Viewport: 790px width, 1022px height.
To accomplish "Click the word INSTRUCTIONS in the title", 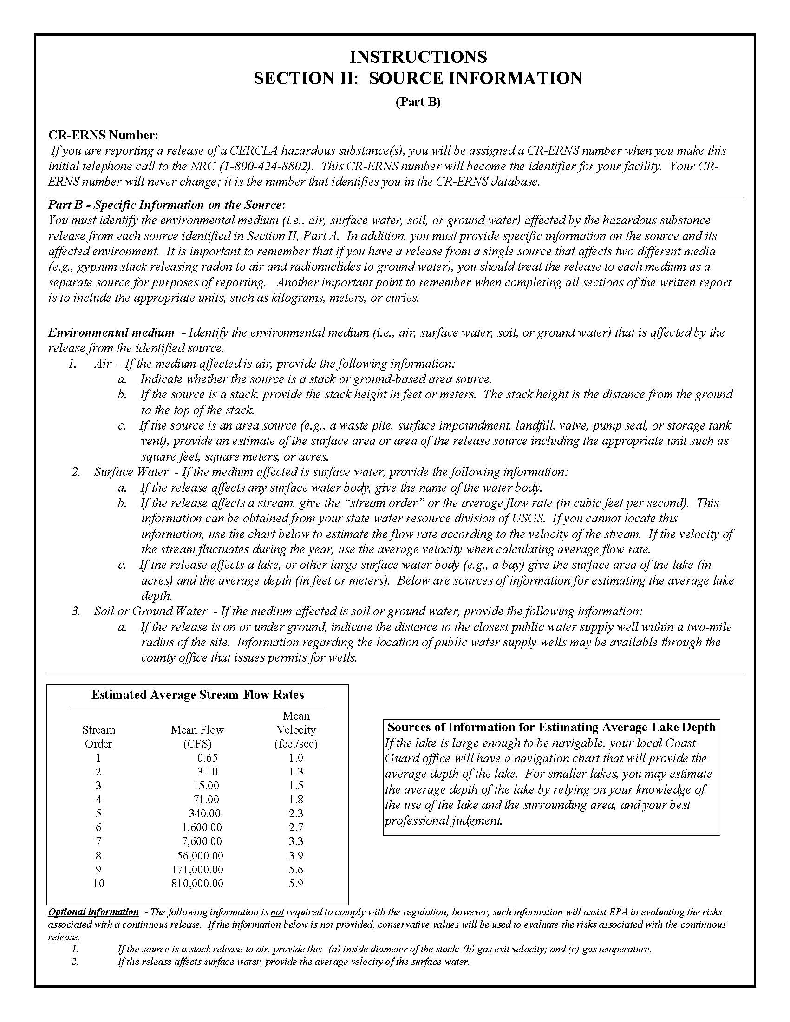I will pyautogui.click(x=418, y=57).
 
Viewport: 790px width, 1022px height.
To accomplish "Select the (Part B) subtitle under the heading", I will pyautogui.click(x=418, y=102).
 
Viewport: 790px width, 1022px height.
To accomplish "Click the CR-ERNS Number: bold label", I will pyautogui.click(x=104, y=135).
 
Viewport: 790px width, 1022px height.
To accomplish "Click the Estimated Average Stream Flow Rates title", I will pyautogui.click(x=197, y=695).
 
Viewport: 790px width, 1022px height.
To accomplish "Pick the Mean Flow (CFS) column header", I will pyautogui.click(x=197, y=736).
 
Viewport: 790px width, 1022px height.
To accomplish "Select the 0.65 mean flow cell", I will pyautogui.click(x=207, y=758).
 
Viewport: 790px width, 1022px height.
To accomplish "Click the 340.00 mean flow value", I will pyautogui.click(x=204, y=814).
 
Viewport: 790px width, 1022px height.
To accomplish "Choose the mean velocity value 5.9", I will pyautogui.click(x=296, y=884).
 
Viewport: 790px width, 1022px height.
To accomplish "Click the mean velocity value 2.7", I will pyautogui.click(x=296, y=827).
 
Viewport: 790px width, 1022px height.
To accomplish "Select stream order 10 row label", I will pyautogui.click(x=98, y=884).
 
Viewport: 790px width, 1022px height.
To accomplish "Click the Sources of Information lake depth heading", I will pyautogui.click(x=551, y=727).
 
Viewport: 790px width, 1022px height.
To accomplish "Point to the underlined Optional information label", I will pyautogui.click(x=94, y=912).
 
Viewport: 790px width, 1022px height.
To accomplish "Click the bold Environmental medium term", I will pyautogui.click(x=111, y=333).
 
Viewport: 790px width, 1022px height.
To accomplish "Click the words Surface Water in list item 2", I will pyautogui.click(x=131, y=472).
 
